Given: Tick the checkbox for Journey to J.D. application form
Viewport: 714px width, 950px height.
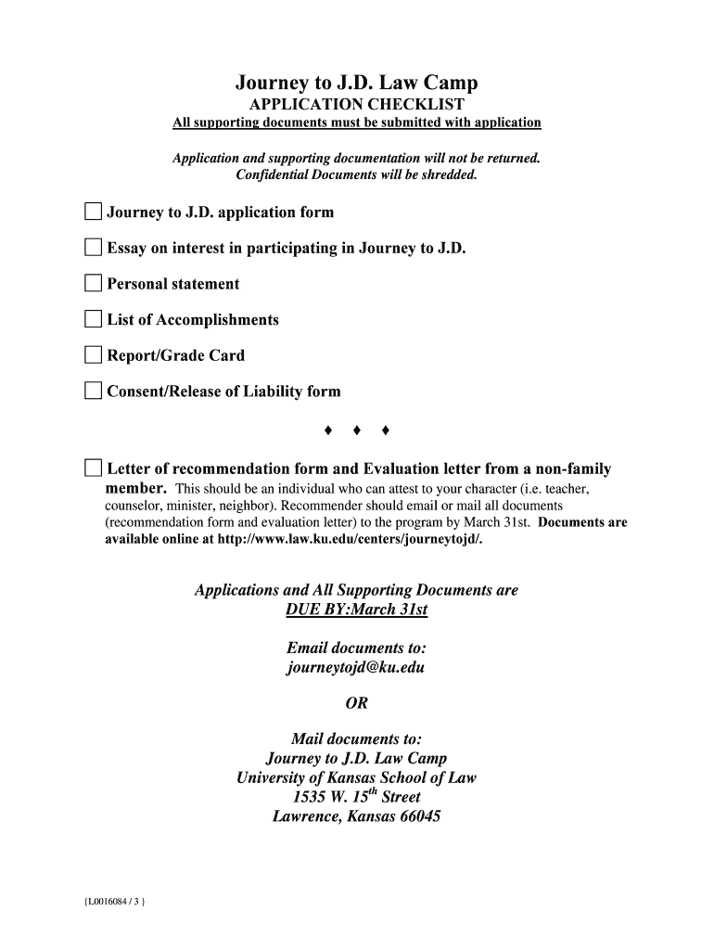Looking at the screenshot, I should pyautogui.click(x=93, y=212).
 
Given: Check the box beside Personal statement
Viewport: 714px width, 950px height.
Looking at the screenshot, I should pyautogui.click(x=93, y=284).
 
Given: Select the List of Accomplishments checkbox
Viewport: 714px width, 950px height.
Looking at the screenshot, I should pyautogui.click(x=93, y=320).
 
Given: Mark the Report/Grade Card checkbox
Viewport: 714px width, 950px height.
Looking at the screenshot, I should pyautogui.click(x=93, y=355).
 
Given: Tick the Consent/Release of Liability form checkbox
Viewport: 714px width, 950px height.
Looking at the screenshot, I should pyautogui.click(x=93, y=392).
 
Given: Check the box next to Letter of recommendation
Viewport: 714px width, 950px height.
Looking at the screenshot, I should pyautogui.click(x=93, y=469).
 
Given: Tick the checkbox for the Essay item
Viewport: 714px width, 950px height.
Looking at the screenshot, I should pyautogui.click(x=93, y=248).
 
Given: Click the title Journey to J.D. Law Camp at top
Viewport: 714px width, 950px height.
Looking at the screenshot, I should pyautogui.click(x=357, y=83).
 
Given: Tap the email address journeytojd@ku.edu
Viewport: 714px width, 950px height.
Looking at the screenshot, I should pyautogui.click(x=356, y=667).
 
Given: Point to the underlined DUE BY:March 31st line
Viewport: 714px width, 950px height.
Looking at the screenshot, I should pyautogui.click(x=357, y=610).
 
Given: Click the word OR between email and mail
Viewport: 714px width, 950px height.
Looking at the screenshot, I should pyautogui.click(x=357, y=703).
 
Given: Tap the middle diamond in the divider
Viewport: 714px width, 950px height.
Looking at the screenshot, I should pyautogui.click(x=357, y=430).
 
